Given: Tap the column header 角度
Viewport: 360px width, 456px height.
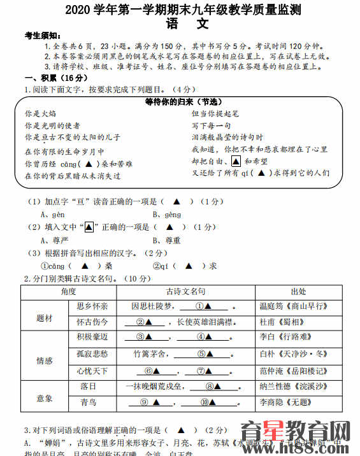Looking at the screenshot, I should click(68, 291).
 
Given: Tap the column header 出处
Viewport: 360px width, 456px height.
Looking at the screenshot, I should click(298, 291).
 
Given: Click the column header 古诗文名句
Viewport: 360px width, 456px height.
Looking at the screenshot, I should click(185, 291).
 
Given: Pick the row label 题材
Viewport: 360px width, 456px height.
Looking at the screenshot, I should click(45, 318).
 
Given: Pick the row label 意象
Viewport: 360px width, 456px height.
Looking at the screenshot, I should click(45, 398).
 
